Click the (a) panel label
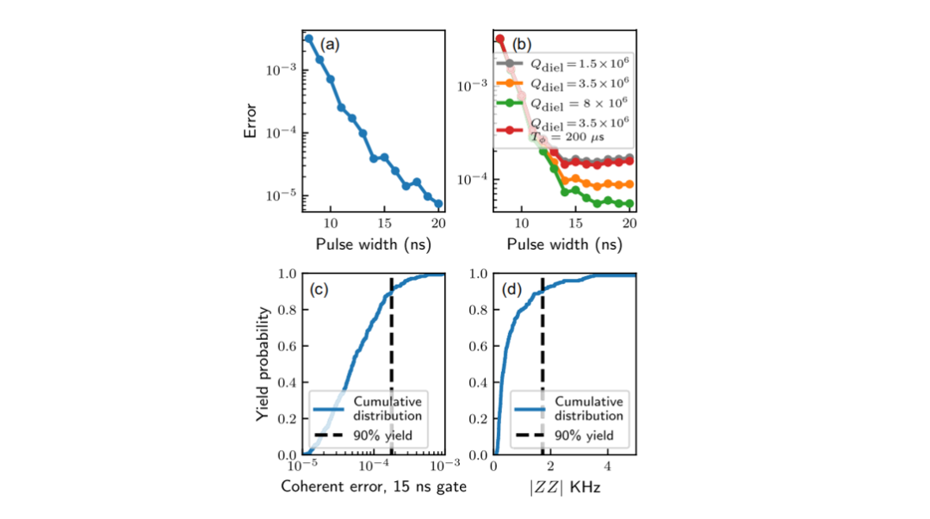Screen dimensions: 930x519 (x=330, y=45)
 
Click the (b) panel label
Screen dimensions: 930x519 (x=521, y=45)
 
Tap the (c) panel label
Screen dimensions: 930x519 (x=319, y=289)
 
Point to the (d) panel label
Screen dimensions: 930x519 (x=512, y=289)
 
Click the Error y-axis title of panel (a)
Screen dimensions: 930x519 (x=251, y=121)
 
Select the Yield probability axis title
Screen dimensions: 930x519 (x=262, y=364)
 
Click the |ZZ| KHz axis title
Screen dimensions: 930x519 (x=565, y=487)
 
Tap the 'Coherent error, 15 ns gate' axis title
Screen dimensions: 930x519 (x=374, y=486)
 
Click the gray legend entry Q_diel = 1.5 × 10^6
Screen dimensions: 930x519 (x=562, y=64)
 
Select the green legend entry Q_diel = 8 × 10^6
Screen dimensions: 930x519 (x=562, y=104)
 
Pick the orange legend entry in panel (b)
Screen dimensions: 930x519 (x=562, y=83)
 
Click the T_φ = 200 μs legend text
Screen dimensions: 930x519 (x=567, y=138)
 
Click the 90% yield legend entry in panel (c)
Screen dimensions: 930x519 (x=363, y=436)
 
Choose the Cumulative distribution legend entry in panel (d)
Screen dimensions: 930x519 (x=569, y=409)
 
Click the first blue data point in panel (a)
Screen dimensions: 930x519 (x=308, y=39)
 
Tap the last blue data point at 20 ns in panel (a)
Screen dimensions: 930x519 (x=438, y=203)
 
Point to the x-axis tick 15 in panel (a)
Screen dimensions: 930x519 (x=384, y=224)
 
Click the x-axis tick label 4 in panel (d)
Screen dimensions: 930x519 (x=607, y=466)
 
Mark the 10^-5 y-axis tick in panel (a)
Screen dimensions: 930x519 (x=281, y=195)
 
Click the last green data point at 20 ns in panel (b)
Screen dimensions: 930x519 (x=629, y=203)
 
